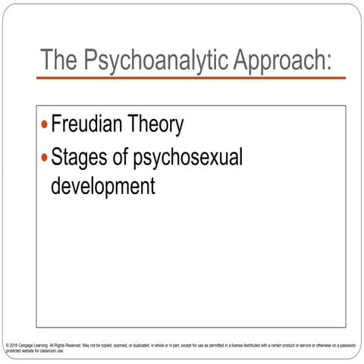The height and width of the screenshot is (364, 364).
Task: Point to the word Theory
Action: pyautogui.click(x=160, y=125)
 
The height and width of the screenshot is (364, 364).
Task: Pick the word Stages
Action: pyautogui.click(x=80, y=158)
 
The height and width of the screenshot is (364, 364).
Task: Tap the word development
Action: pyautogui.click(x=102, y=185)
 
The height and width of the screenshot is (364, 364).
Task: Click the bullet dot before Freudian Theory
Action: pyautogui.click(x=45, y=124)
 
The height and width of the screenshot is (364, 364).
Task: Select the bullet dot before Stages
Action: pyautogui.click(x=45, y=158)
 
